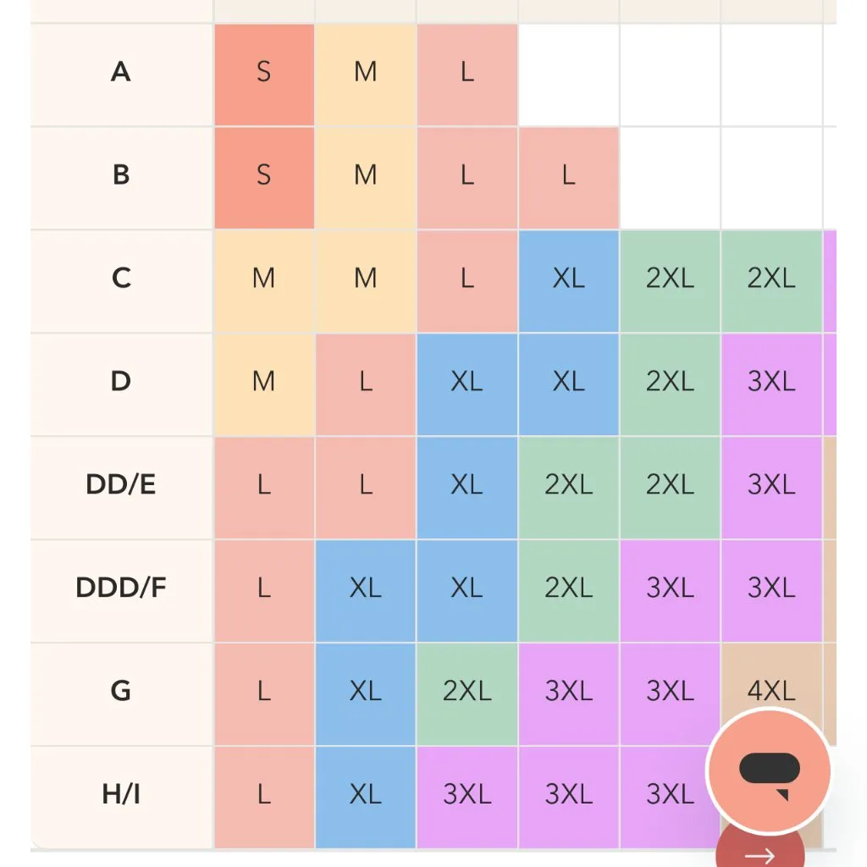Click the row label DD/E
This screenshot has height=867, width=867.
[x=121, y=485]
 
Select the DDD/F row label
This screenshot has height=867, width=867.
[x=121, y=588]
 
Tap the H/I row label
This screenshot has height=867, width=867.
[x=121, y=794]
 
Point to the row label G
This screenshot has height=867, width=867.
[x=121, y=691]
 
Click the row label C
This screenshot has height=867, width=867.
[x=121, y=278]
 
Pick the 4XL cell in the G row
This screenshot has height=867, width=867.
[x=771, y=691]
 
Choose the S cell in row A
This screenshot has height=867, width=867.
[x=263, y=73]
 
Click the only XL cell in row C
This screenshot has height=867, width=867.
[x=568, y=279]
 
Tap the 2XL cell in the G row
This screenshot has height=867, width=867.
[x=467, y=691]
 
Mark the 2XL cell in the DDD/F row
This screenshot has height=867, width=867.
[x=568, y=588]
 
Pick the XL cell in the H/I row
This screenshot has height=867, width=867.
[x=365, y=794]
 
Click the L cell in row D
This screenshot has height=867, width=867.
[x=365, y=382]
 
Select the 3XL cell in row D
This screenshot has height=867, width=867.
[x=771, y=382]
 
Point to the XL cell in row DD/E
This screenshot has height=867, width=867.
[x=467, y=485]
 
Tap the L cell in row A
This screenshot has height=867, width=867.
[x=467, y=73]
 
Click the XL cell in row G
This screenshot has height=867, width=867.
[x=365, y=691]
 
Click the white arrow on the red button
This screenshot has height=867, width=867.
[x=759, y=855]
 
